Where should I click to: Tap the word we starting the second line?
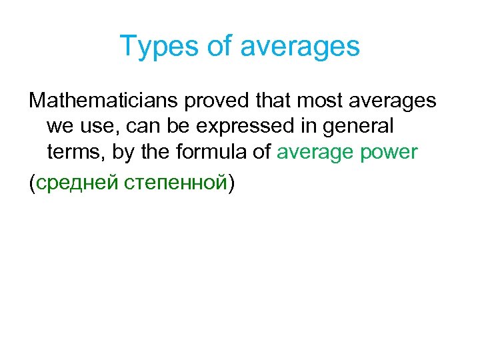(x=60, y=126)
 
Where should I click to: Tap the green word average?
(x=316, y=152)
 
